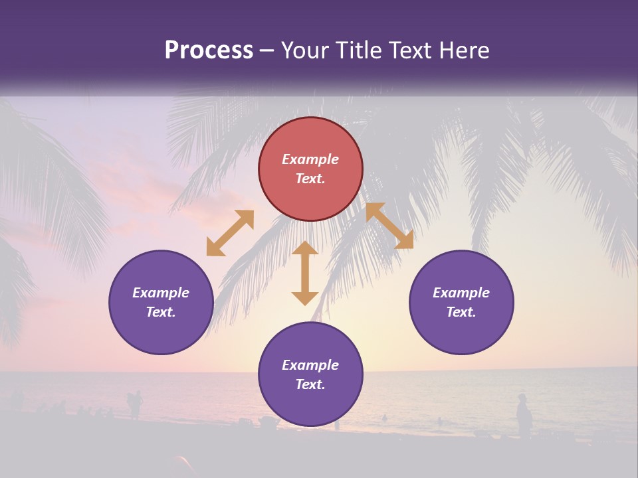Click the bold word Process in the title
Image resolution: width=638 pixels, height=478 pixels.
(209, 50)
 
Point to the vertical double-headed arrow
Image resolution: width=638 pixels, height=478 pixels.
(305, 273)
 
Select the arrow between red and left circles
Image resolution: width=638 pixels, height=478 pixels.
(230, 233)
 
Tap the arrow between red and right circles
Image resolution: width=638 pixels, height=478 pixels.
(389, 226)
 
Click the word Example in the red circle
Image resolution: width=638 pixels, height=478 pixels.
(310, 159)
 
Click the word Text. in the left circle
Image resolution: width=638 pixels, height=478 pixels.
(161, 312)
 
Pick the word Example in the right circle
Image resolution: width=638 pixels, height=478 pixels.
(461, 293)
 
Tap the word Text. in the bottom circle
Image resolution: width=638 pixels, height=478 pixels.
(310, 384)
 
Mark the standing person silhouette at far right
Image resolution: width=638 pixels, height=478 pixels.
(524, 416)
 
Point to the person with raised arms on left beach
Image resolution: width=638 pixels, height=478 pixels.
(136, 403)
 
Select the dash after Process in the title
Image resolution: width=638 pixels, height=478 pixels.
(266, 50)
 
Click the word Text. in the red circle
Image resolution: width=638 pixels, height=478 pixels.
(310, 179)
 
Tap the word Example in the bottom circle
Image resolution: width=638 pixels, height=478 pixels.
(310, 365)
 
